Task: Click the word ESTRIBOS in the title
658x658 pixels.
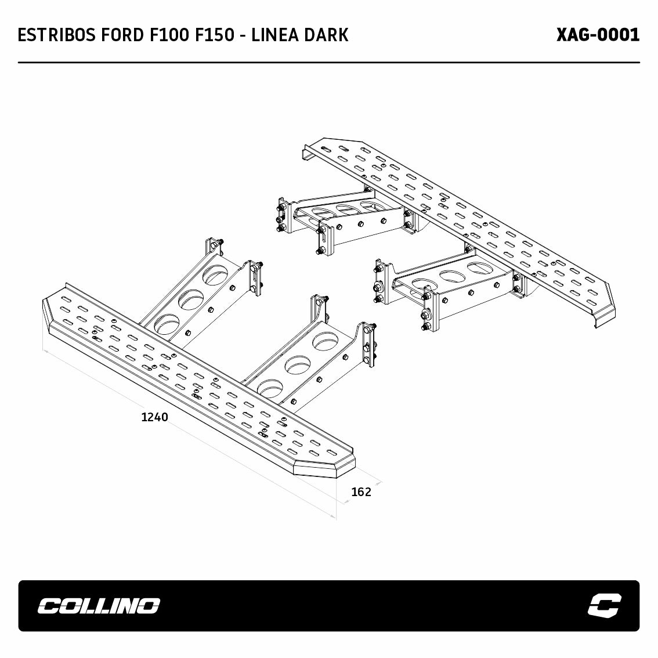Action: (x=57, y=35)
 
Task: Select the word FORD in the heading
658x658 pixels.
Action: (x=122, y=35)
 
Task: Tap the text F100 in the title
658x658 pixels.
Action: (x=169, y=35)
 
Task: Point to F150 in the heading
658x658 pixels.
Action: (x=214, y=35)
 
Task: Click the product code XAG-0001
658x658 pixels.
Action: (x=598, y=35)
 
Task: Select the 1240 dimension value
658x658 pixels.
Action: (x=154, y=417)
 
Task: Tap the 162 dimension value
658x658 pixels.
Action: (x=361, y=492)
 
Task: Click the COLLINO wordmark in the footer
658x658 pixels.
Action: (x=99, y=606)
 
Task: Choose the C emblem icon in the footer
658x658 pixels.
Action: (x=604, y=606)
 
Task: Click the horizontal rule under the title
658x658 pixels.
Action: (x=328, y=63)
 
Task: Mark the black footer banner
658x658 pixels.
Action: (x=328, y=606)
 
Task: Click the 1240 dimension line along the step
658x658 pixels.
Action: (x=190, y=434)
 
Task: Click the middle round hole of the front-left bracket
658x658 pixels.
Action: (x=191, y=299)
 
